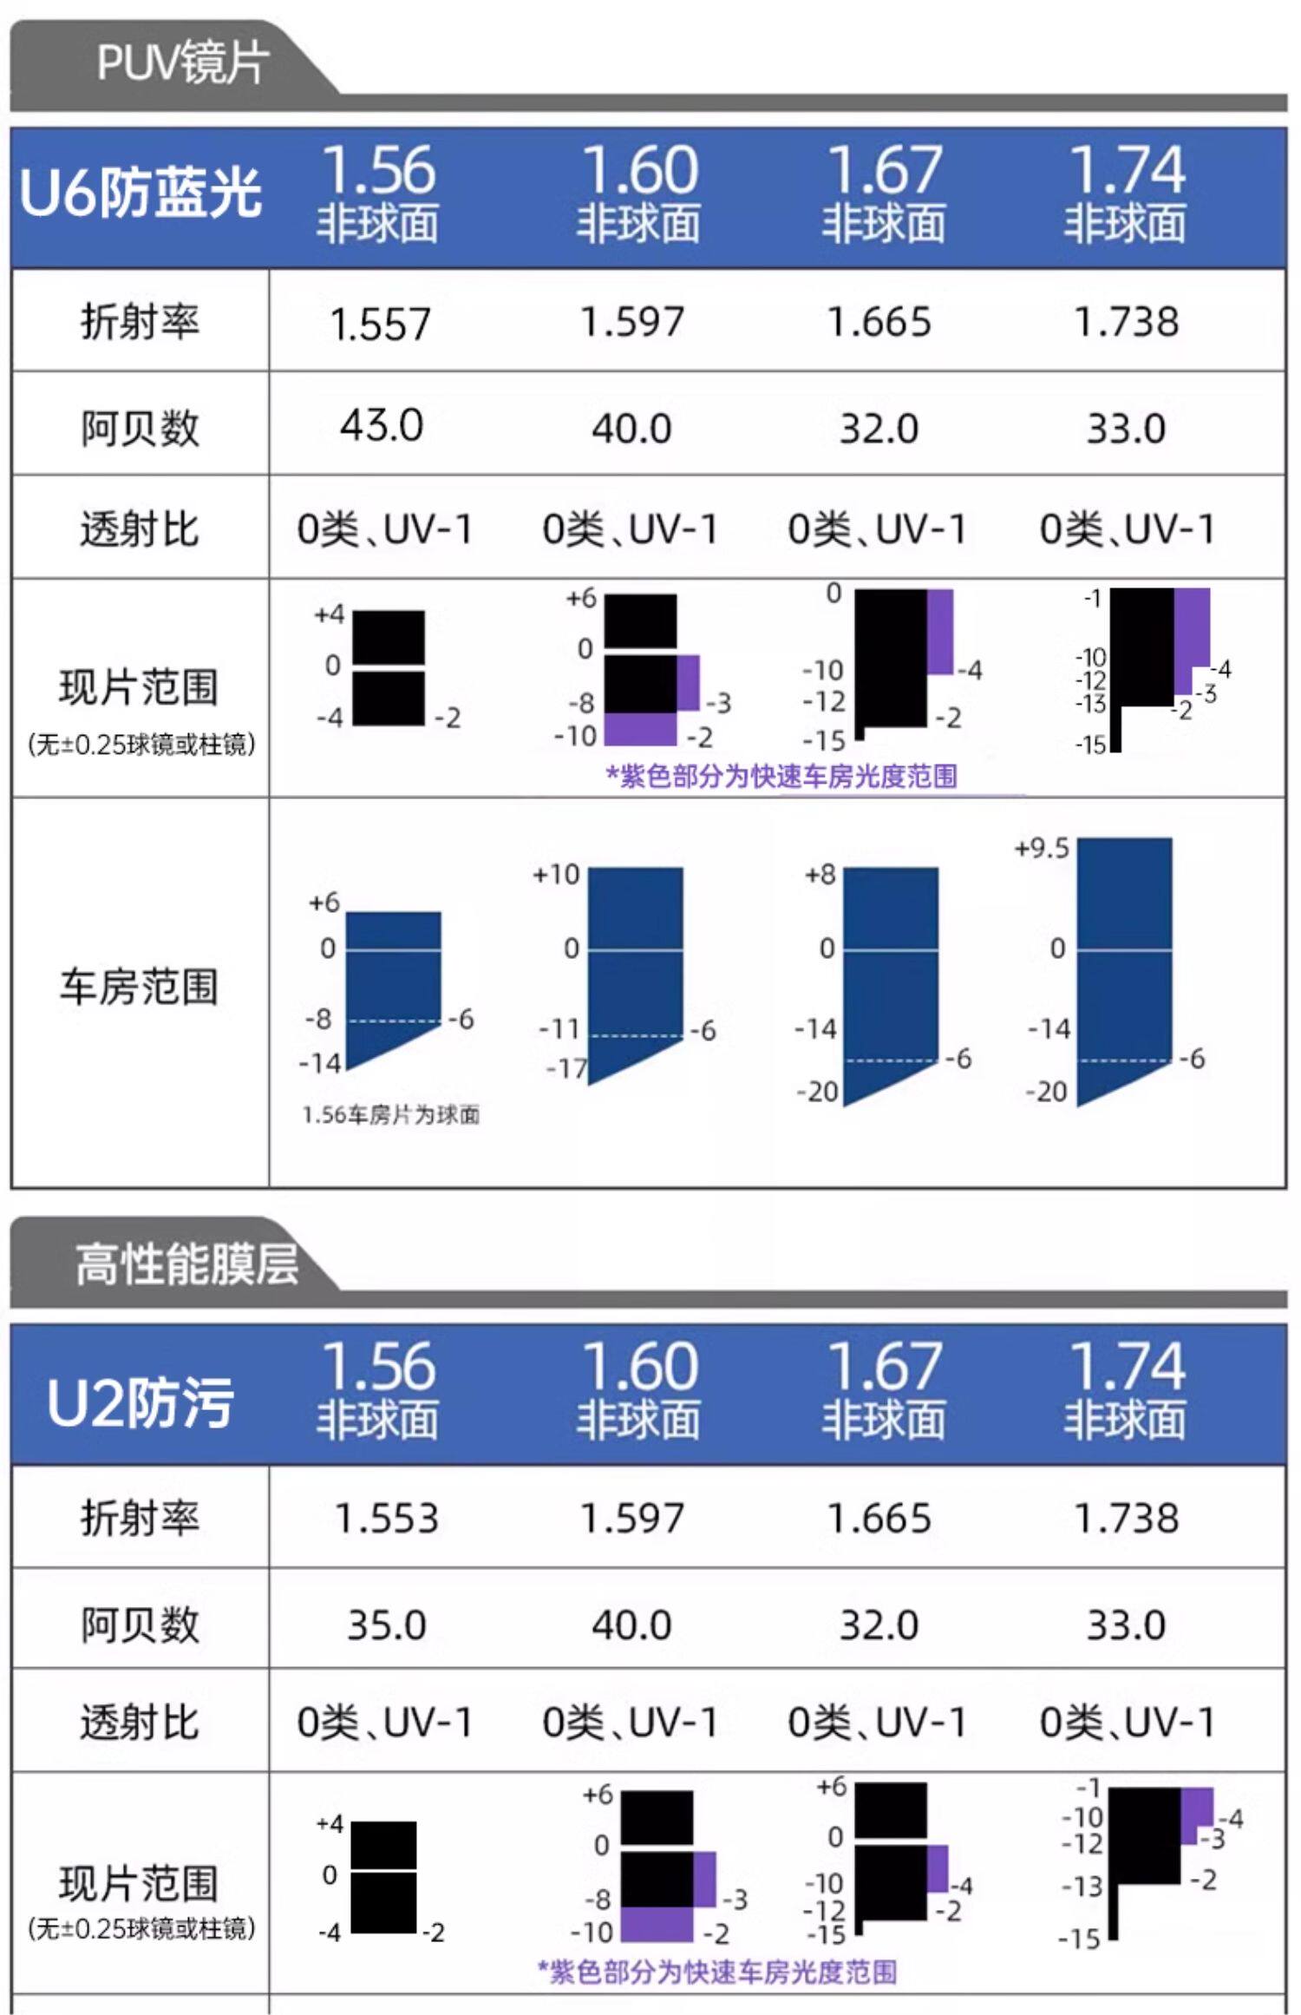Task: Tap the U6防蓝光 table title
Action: pos(140,193)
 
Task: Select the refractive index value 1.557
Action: pos(380,325)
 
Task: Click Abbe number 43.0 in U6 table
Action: pos(381,426)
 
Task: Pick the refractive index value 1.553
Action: pos(386,1519)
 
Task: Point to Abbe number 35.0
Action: pos(386,1624)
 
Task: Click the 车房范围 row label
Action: pos(139,988)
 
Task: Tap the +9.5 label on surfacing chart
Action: pos(1041,848)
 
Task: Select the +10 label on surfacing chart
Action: pos(556,875)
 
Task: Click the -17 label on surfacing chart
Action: pos(566,1069)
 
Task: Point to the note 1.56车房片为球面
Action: pos(390,1115)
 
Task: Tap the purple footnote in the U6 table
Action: pos(781,776)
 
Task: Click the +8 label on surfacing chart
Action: pos(820,875)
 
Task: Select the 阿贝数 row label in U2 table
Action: pos(140,1624)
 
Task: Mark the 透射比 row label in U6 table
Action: pos(140,529)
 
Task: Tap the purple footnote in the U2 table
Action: pos(717,1972)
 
